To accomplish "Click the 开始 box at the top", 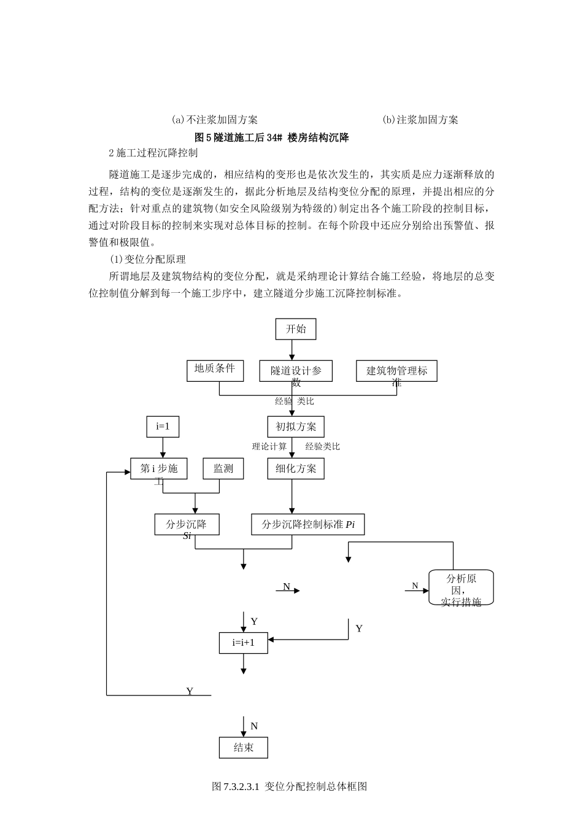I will click(296, 329).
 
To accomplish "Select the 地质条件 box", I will click(215, 370).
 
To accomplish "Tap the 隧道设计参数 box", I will click(296, 371).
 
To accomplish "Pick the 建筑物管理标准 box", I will click(396, 371).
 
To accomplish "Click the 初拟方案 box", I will click(296, 427).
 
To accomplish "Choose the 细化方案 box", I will click(296, 469).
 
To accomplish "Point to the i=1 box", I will click(163, 427).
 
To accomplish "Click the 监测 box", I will click(223, 469).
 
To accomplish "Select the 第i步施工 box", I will click(159, 469).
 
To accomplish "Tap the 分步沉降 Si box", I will click(187, 525).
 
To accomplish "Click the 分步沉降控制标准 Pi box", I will click(307, 525).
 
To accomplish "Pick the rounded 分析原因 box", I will click(461, 587).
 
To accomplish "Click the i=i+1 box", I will click(244, 643).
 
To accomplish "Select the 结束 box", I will click(244, 747).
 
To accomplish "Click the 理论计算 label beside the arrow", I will click(269, 446).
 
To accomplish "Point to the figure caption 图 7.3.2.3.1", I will click(289, 786).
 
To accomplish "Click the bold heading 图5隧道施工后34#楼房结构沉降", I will click(271, 137).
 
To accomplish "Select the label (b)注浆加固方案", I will click(420, 120).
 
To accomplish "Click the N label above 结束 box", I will click(254, 726).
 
